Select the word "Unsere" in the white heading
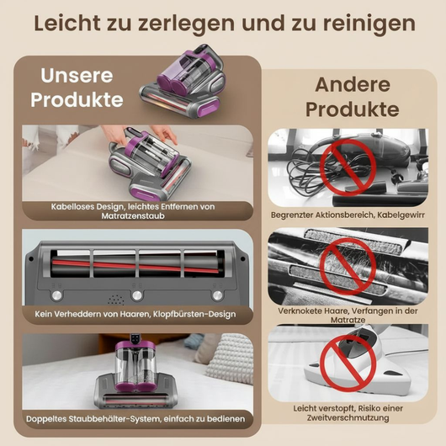tap(77, 76)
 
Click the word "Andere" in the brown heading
tap(353, 84)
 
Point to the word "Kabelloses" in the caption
tap(72, 206)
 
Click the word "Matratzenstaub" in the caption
tap(133, 216)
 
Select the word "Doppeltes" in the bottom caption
tap(46, 419)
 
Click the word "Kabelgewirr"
tap(401, 215)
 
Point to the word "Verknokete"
tap(300, 311)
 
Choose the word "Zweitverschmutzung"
tap(348, 418)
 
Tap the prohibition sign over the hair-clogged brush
tap(348, 266)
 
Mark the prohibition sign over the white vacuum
tap(348, 364)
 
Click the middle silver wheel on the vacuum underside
tap(137, 295)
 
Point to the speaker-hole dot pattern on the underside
tap(116, 300)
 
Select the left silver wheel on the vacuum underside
tap(56, 295)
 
